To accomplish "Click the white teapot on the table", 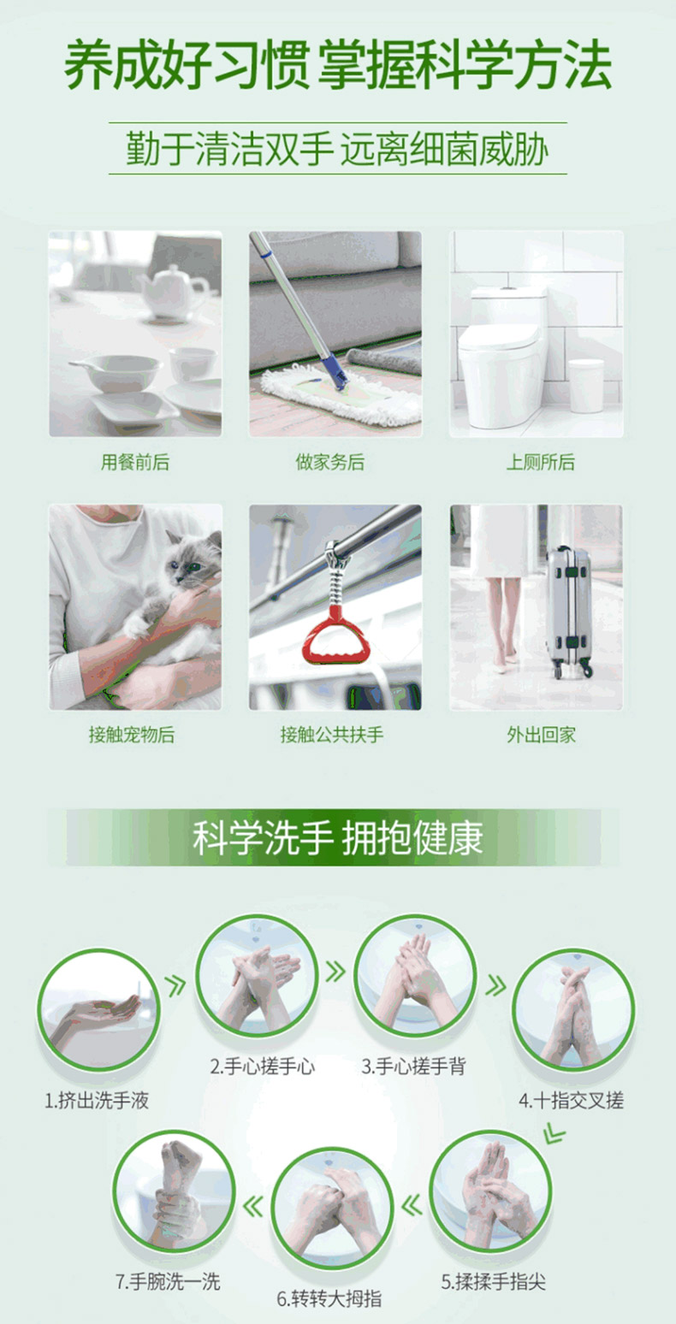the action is pyautogui.click(x=175, y=293).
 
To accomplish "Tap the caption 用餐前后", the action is pyautogui.click(x=135, y=462).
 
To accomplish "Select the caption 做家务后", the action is pyautogui.click(x=330, y=462).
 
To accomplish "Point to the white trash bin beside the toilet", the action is pyautogui.click(x=586, y=385).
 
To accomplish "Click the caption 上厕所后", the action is pyautogui.click(x=540, y=462).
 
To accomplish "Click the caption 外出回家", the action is pyautogui.click(x=541, y=735).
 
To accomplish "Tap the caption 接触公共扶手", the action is pyautogui.click(x=332, y=735).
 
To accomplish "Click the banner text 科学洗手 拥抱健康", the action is pyautogui.click(x=338, y=837).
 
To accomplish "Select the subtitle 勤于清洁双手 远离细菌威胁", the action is pyautogui.click(x=338, y=148).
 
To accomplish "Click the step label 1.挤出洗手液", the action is pyautogui.click(x=97, y=1101).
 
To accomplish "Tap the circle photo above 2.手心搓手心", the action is pyautogui.click(x=257, y=976).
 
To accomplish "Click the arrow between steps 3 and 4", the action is pyautogui.click(x=496, y=985).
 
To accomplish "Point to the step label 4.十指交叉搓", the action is pyautogui.click(x=572, y=1101).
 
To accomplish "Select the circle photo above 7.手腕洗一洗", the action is pyautogui.click(x=174, y=1192).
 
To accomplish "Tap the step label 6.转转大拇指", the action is pyautogui.click(x=329, y=1298).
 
